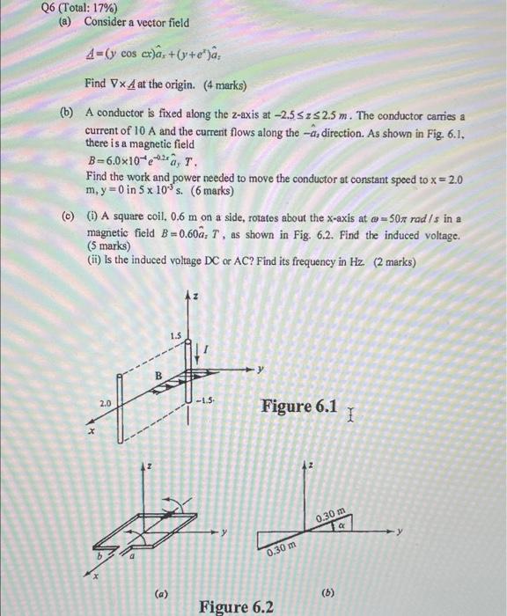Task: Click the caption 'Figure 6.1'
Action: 299,406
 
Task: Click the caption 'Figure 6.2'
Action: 236,606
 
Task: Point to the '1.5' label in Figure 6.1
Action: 177,334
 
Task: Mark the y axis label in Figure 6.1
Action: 262,368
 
